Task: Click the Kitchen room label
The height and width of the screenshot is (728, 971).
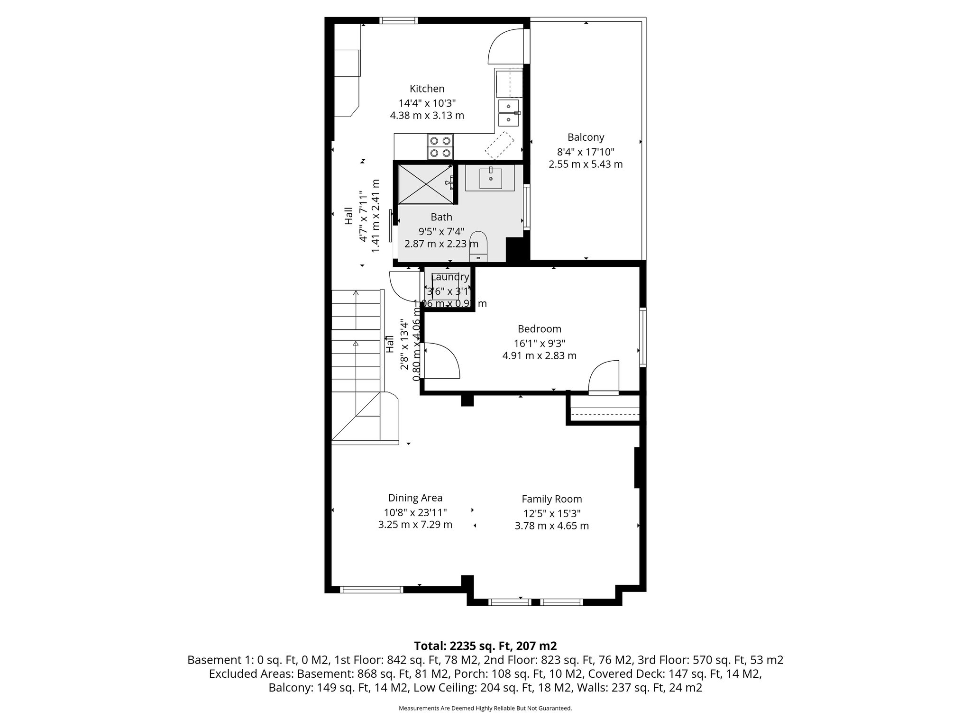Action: pos(427,89)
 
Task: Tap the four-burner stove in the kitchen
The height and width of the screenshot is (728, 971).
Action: pos(440,146)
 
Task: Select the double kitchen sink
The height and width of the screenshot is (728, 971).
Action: pos(508,113)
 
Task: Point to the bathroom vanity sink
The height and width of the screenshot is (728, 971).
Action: pos(491,178)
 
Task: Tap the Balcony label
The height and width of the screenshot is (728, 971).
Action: pos(586,137)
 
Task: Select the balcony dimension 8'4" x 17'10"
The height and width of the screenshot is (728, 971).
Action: pos(586,152)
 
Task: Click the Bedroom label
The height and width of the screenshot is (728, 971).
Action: pos(539,329)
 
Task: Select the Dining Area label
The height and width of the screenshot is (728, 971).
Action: pos(415,498)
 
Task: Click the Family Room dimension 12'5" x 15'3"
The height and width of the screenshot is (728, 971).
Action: pos(551,513)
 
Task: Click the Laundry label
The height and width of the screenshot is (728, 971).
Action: pos(450,277)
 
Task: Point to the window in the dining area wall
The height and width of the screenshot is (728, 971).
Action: pos(371,590)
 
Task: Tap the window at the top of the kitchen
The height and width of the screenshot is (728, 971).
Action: pos(398,20)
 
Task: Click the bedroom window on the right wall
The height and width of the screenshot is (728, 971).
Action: pos(642,337)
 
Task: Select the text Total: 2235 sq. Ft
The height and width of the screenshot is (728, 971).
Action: pos(485,646)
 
